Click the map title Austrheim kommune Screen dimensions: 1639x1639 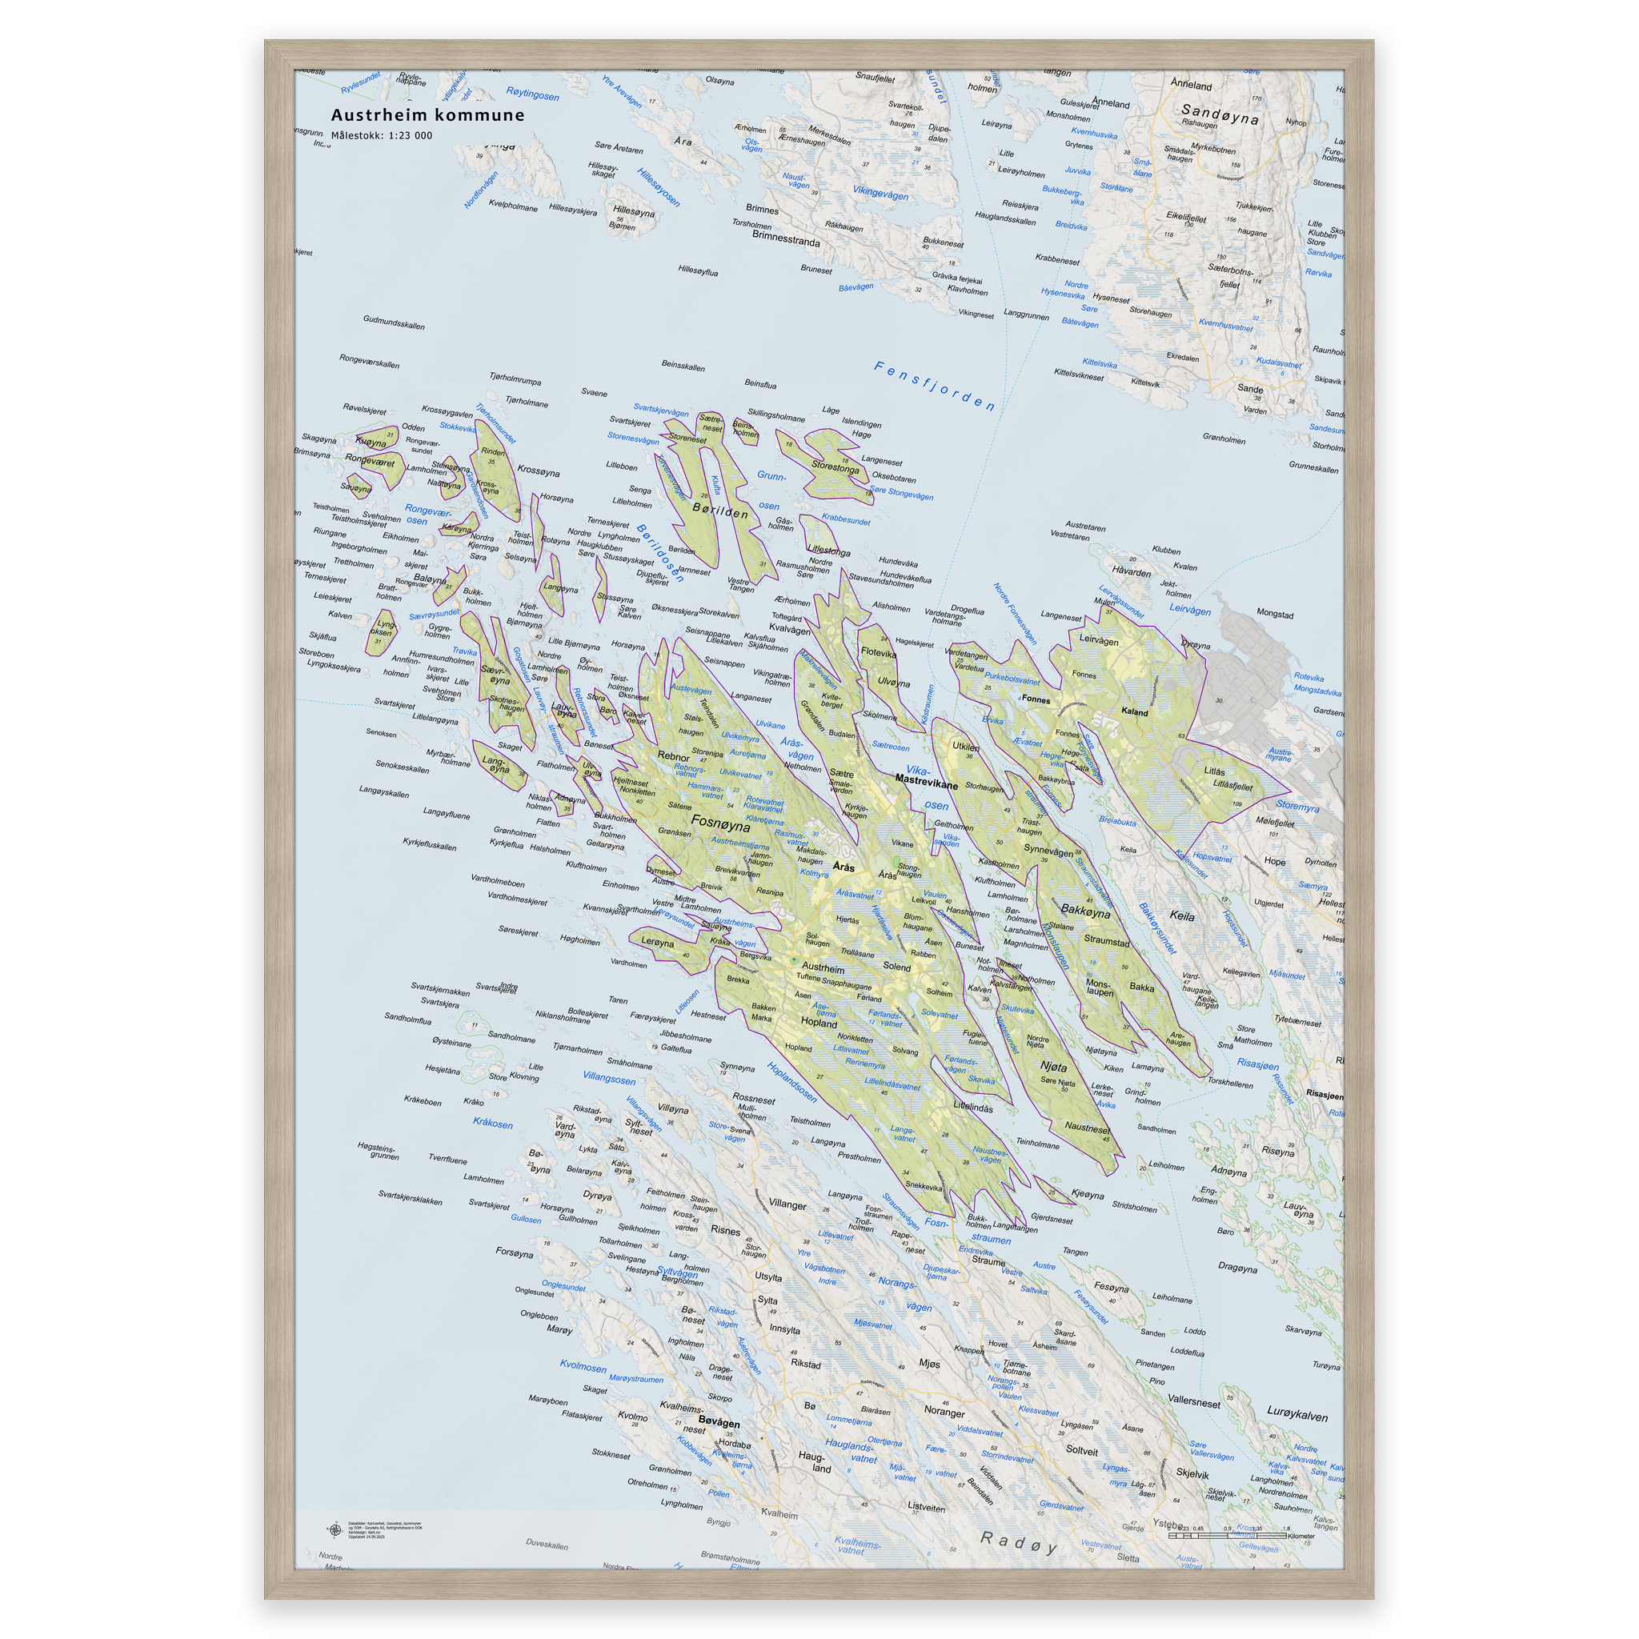[x=427, y=115]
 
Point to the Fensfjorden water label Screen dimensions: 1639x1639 [x=934, y=386]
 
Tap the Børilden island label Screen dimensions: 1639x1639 [x=720, y=511]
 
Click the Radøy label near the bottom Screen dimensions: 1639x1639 [x=1018, y=1542]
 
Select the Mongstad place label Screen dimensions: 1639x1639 [x=1274, y=614]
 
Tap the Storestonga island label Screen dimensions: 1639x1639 [x=835, y=466]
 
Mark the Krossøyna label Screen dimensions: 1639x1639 [x=538, y=471]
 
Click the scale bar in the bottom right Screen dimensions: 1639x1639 [x=1228, y=1535]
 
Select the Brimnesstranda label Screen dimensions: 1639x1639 [x=786, y=240]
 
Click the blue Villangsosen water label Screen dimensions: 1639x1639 [x=608, y=1078]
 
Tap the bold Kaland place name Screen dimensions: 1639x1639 [x=1134, y=711]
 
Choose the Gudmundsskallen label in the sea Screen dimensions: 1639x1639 [x=394, y=323]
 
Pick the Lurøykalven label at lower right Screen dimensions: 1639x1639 [x=1297, y=1415]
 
